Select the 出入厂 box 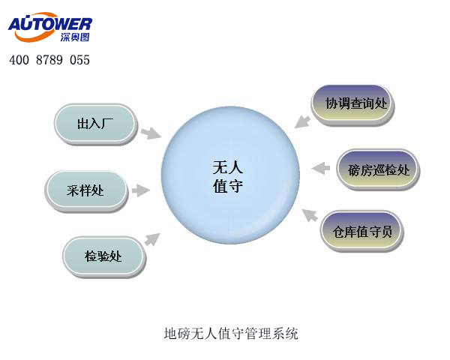tap(94, 124)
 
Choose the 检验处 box tap(103, 256)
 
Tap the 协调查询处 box tap(352, 103)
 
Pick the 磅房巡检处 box tap(378, 169)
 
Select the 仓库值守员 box tap(362, 232)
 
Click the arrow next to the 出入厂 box tap(151, 133)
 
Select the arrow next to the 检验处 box tap(152, 239)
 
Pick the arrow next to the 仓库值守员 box tap(309, 216)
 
